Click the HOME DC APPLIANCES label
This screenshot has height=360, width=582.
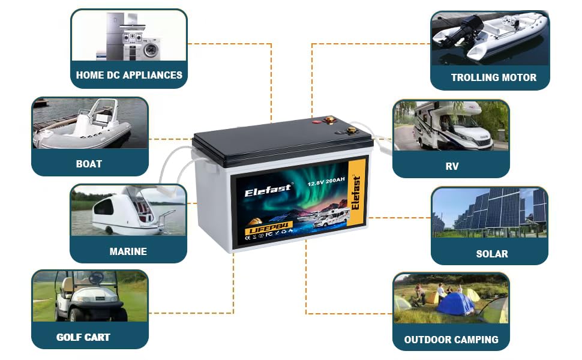[x=129, y=76]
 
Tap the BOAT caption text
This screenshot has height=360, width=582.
[x=89, y=164]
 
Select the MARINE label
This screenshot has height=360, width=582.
[x=128, y=251]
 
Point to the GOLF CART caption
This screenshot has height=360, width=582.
[x=83, y=337]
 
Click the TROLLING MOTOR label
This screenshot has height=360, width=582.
[x=493, y=77]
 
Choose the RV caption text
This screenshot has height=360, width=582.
[x=452, y=166]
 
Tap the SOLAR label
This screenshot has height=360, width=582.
[x=491, y=254]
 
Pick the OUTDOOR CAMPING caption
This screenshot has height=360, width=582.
[x=451, y=340]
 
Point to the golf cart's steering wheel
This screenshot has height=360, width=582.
[x=96, y=278]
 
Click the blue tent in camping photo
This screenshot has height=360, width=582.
[x=455, y=304]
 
